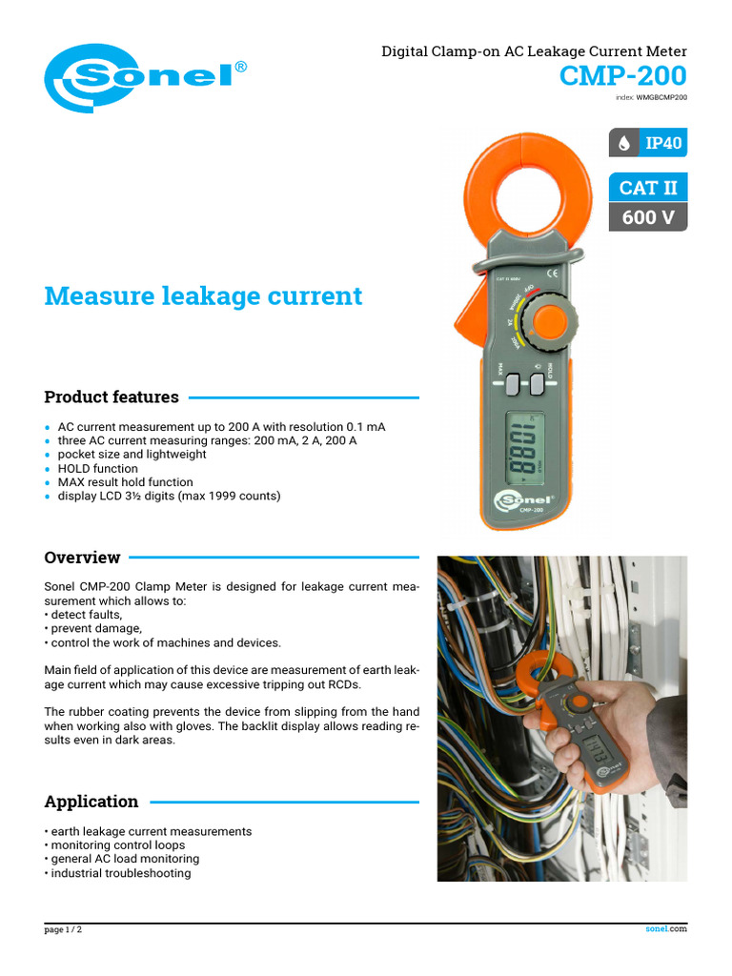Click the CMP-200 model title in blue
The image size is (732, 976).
pos(622,75)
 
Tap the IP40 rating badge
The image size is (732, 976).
pos(648,143)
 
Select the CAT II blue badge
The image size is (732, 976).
pos(648,187)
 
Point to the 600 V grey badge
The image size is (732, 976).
pos(648,217)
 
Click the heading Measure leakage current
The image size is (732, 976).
pos(203,296)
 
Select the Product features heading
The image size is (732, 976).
pos(112,396)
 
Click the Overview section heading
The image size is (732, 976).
pos(82,558)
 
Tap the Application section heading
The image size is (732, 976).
pos(91,802)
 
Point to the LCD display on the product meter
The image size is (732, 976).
pos(524,448)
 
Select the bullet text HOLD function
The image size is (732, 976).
pos(98,469)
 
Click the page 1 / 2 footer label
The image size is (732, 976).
pos(63,930)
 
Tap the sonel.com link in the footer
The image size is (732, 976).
pos(665,929)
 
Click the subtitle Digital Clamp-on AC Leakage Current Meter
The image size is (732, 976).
pos(534,51)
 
